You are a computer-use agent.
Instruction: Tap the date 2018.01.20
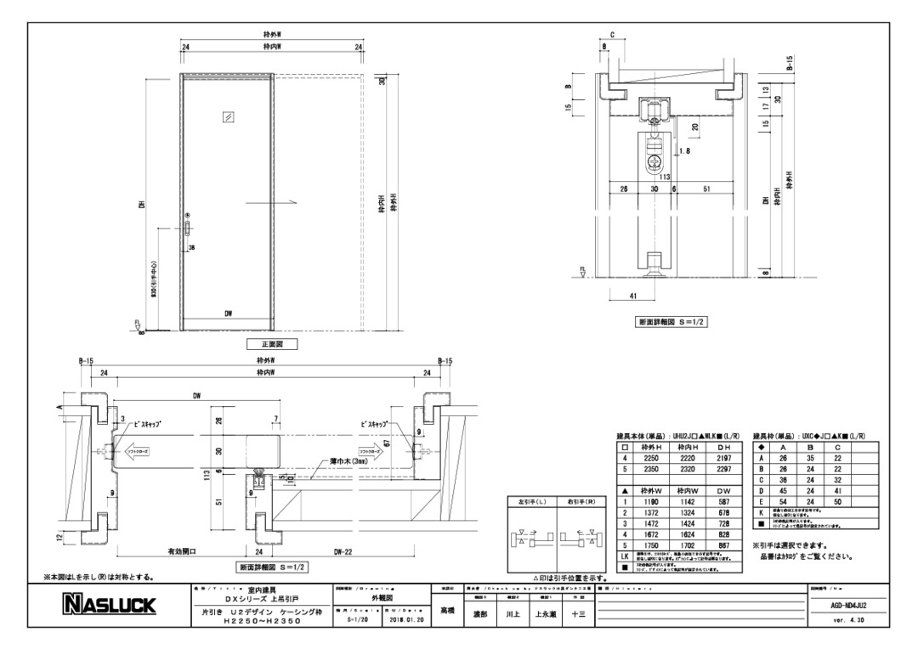click(x=407, y=619)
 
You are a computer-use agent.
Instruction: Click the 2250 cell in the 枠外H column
click(x=652, y=458)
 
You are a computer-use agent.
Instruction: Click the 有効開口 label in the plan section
click(x=182, y=550)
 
